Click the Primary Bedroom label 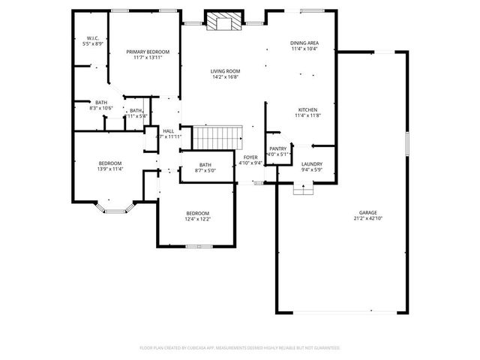click(x=147, y=51)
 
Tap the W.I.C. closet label click(x=93, y=37)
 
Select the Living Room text click(x=225, y=70)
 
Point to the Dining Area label click(x=304, y=43)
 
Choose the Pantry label click(x=277, y=149)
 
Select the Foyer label click(x=250, y=157)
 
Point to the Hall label click(x=168, y=131)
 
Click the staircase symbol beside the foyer click(x=218, y=137)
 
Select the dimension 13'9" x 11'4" click(x=110, y=169)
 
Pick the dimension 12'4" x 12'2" click(x=197, y=219)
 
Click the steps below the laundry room click(x=304, y=188)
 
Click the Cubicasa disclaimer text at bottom click(x=240, y=348)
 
